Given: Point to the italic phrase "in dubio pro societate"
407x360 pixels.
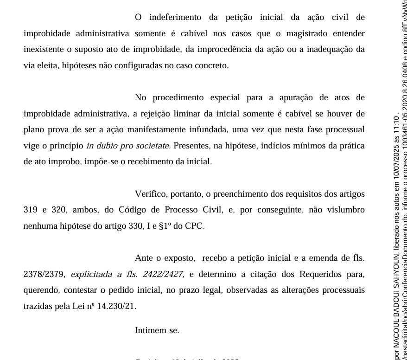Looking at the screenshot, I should [x=128, y=145].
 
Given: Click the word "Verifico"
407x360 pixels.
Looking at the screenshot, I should [x=150, y=193].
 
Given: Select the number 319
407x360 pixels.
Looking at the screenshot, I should [x=30, y=210].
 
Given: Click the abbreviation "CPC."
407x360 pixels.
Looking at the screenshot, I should [x=194, y=226].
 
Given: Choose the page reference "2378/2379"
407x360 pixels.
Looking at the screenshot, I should [x=44, y=274].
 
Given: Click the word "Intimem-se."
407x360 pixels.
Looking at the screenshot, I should [x=157, y=330].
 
